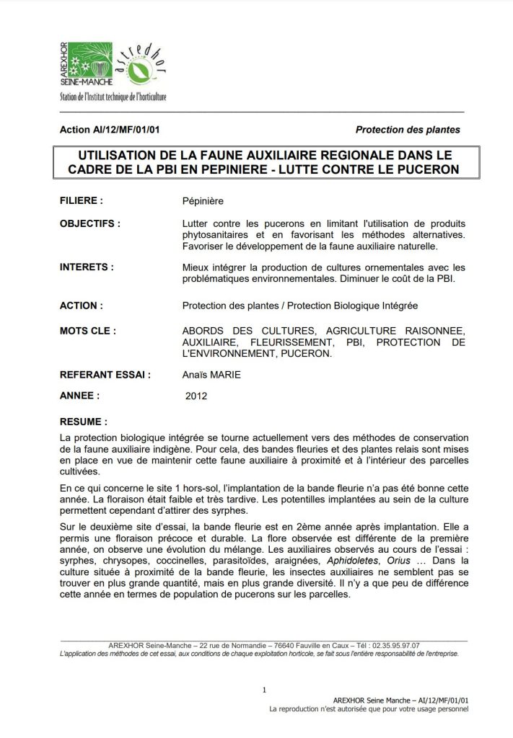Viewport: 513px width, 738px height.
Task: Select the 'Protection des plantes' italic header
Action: click(x=408, y=130)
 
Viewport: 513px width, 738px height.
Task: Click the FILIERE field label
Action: click(x=81, y=201)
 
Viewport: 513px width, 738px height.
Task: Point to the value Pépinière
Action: click(x=203, y=201)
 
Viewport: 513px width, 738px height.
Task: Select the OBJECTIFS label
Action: click(x=89, y=223)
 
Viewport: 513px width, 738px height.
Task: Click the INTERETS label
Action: click(x=87, y=267)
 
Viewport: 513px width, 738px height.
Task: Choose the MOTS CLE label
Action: click(x=88, y=331)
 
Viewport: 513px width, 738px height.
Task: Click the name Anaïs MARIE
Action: click(x=212, y=375)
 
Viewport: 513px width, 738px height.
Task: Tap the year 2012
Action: click(x=196, y=396)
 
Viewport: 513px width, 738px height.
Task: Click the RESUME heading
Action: click(x=84, y=421)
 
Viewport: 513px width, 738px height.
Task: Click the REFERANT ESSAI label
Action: click(x=105, y=375)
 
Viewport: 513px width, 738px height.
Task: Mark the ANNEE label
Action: click(x=79, y=396)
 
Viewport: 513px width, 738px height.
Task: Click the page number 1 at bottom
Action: click(x=264, y=690)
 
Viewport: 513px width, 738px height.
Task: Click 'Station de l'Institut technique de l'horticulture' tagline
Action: click(x=113, y=97)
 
